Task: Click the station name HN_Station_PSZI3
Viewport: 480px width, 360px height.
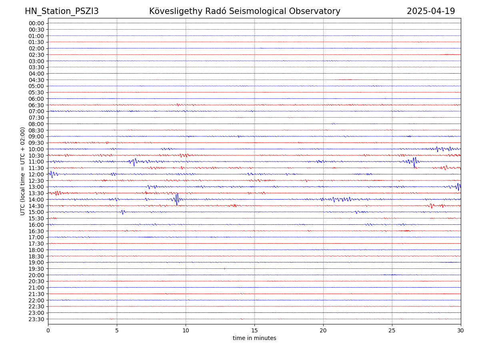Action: click(x=62, y=11)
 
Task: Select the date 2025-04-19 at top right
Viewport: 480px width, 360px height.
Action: click(x=431, y=11)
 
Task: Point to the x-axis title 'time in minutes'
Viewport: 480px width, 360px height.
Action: click(x=254, y=338)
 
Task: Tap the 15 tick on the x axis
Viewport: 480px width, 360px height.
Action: click(x=254, y=330)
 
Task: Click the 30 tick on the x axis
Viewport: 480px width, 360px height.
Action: click(x=461, y=330)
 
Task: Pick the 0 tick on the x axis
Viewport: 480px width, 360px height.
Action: click(x=48, y=330)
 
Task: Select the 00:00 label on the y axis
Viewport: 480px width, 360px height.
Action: click(x=36, y=23)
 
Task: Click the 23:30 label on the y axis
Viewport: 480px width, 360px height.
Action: click(x=36, y=319)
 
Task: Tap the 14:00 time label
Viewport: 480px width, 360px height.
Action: click(x=36, y=200)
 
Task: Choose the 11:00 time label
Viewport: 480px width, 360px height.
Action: click(x=36, y=162)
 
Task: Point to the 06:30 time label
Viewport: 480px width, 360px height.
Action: click(x=36, y=105)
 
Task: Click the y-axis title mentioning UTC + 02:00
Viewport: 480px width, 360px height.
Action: click(x=23, y=171)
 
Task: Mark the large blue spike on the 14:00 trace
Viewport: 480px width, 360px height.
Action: click(x=177, y=199)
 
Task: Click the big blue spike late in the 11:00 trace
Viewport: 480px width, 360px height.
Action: click(x=414, y=162)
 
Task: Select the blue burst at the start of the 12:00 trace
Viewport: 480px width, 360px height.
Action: click(x=52, y=174)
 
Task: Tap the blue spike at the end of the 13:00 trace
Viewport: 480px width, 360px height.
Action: click(x=458, y=186)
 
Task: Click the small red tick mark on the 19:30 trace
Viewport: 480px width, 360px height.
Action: click(x=224, y=268)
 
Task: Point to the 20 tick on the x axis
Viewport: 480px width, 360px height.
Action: click(x=323, y=330)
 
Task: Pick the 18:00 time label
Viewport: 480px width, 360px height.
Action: click(x=36, y=250)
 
